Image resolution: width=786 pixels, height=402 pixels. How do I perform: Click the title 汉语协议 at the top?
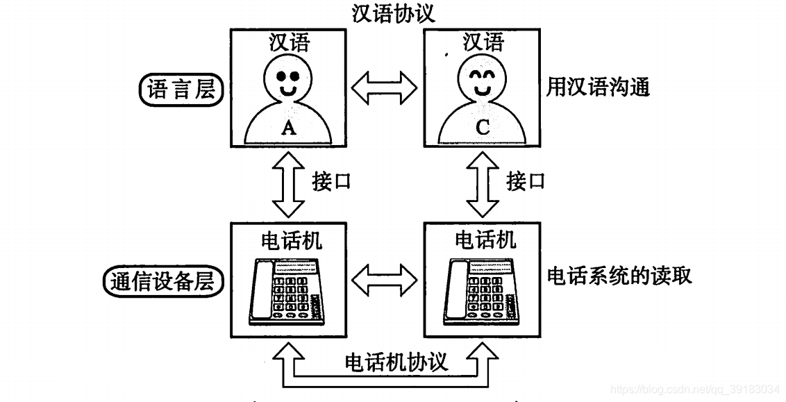click(x=393, y=14)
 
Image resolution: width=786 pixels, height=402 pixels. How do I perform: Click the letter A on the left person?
click(x=289, y=127)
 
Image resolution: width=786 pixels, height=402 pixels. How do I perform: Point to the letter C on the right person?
click(x=483, y=127)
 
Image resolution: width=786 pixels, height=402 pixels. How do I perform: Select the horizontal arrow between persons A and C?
click(x=385, y=89)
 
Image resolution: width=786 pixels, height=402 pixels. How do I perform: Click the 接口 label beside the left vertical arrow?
click(x=332, y=182)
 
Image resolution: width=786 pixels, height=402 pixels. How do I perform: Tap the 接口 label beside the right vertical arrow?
click(x=526, y=182)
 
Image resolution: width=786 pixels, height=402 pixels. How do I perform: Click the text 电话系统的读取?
click(x=619, y=276)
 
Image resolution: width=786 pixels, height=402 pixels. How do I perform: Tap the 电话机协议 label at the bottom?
click(x=396, y=362)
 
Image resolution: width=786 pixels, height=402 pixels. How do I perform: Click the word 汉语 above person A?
click(x=289, y=43)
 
